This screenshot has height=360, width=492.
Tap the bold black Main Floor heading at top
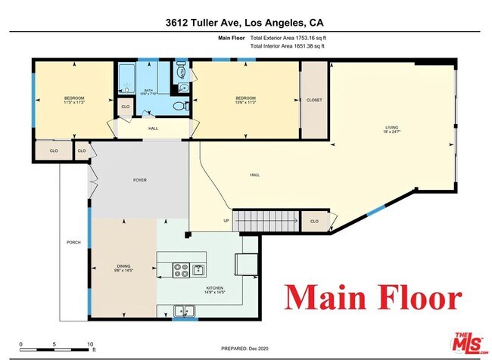click(x=234, y=37)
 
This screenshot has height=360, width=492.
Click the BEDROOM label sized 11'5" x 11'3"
click(x=74, y=101)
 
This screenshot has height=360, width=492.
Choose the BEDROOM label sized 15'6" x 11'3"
click(x=245, y=101)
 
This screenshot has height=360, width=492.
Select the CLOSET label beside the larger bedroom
click(x=314, y=101)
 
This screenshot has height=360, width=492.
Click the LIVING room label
click(x=391, y=129)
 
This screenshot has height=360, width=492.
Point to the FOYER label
click(x=139, y=181)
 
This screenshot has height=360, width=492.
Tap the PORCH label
click(x=73, y=242)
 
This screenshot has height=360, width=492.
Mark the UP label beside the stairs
click(x=225, y=222)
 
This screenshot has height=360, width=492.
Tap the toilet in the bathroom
click(x=179, y=106)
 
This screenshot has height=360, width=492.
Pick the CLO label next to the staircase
click(x=314, y=222)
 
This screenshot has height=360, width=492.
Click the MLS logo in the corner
click(x=469, y=340)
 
